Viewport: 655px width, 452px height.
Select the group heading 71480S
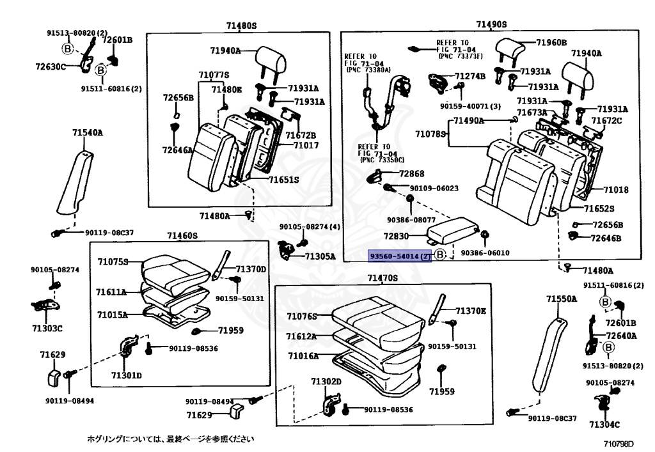[x=241, y=26]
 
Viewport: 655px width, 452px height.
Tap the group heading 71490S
[x=491, y=24]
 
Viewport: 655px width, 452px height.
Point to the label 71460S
[x=182, y=236]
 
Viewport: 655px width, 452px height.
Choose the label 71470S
[x=383, y=278]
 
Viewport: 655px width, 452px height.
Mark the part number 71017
[x=306, y=146]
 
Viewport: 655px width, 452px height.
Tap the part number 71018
[x=615, y=190]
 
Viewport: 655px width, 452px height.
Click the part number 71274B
[x=470, y=76]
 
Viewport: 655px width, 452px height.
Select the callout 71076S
[x=302, y=316]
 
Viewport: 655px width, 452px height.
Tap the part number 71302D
[x=326, y=382]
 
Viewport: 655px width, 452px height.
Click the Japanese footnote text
[x=171, y=439]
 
